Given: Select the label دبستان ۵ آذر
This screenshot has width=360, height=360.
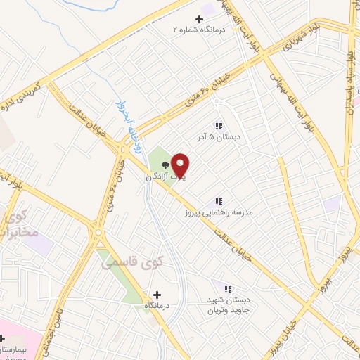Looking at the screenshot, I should pyautogui.click(x=219, y=136).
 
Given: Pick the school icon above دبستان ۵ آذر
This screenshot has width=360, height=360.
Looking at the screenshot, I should pyautogui.click(x=219, y=126).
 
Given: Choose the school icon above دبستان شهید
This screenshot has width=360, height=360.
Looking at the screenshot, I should pyautogui.click(x=227, y=288).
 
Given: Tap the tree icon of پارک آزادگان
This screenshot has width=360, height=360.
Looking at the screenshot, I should pyautogui.click(x=165, y=165).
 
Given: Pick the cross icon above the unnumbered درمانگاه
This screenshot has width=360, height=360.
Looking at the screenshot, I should pyautogui.click(x=157, y=295).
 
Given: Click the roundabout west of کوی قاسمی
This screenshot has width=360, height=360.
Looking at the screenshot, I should pyautogui.click(x=98, y=232).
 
